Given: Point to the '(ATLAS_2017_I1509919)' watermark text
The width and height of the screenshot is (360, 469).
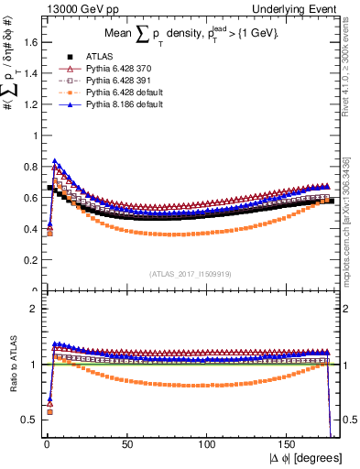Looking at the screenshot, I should pos(189,272).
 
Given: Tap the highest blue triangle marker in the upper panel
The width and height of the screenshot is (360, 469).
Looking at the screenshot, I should pos(55,161).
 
